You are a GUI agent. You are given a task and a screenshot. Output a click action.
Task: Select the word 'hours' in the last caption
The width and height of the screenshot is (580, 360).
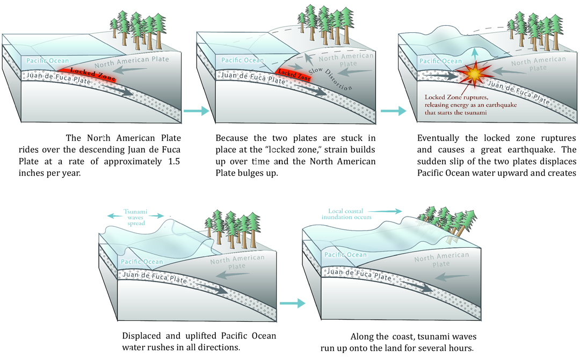point(459,348)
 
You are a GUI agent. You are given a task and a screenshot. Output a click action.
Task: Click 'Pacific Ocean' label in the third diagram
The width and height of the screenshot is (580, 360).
point(440,61)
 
